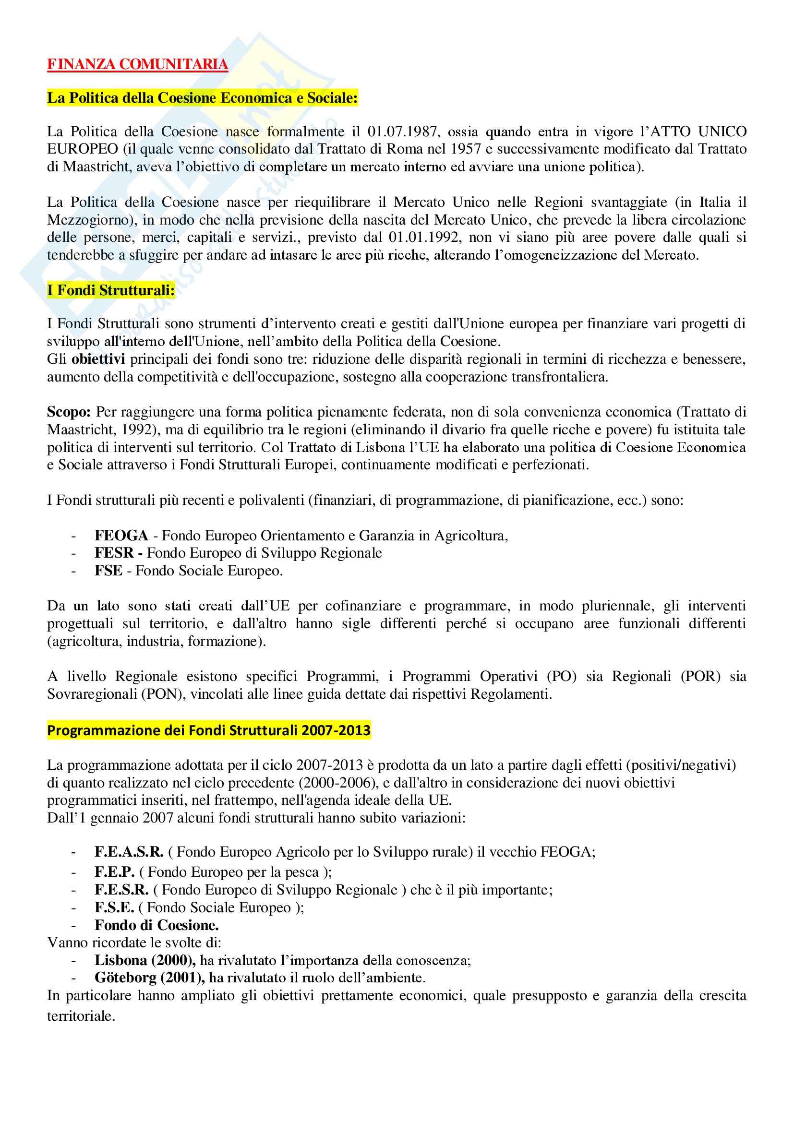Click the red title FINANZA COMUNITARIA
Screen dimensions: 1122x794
tap(137, 64)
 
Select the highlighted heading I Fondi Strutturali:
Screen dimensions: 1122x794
tap(110, 290)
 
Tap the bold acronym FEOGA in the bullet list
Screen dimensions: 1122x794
tap(121, 536)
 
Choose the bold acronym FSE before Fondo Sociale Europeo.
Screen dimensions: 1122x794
tap(108, 571)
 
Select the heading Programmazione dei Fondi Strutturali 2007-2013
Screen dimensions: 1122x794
tap(209, 730)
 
